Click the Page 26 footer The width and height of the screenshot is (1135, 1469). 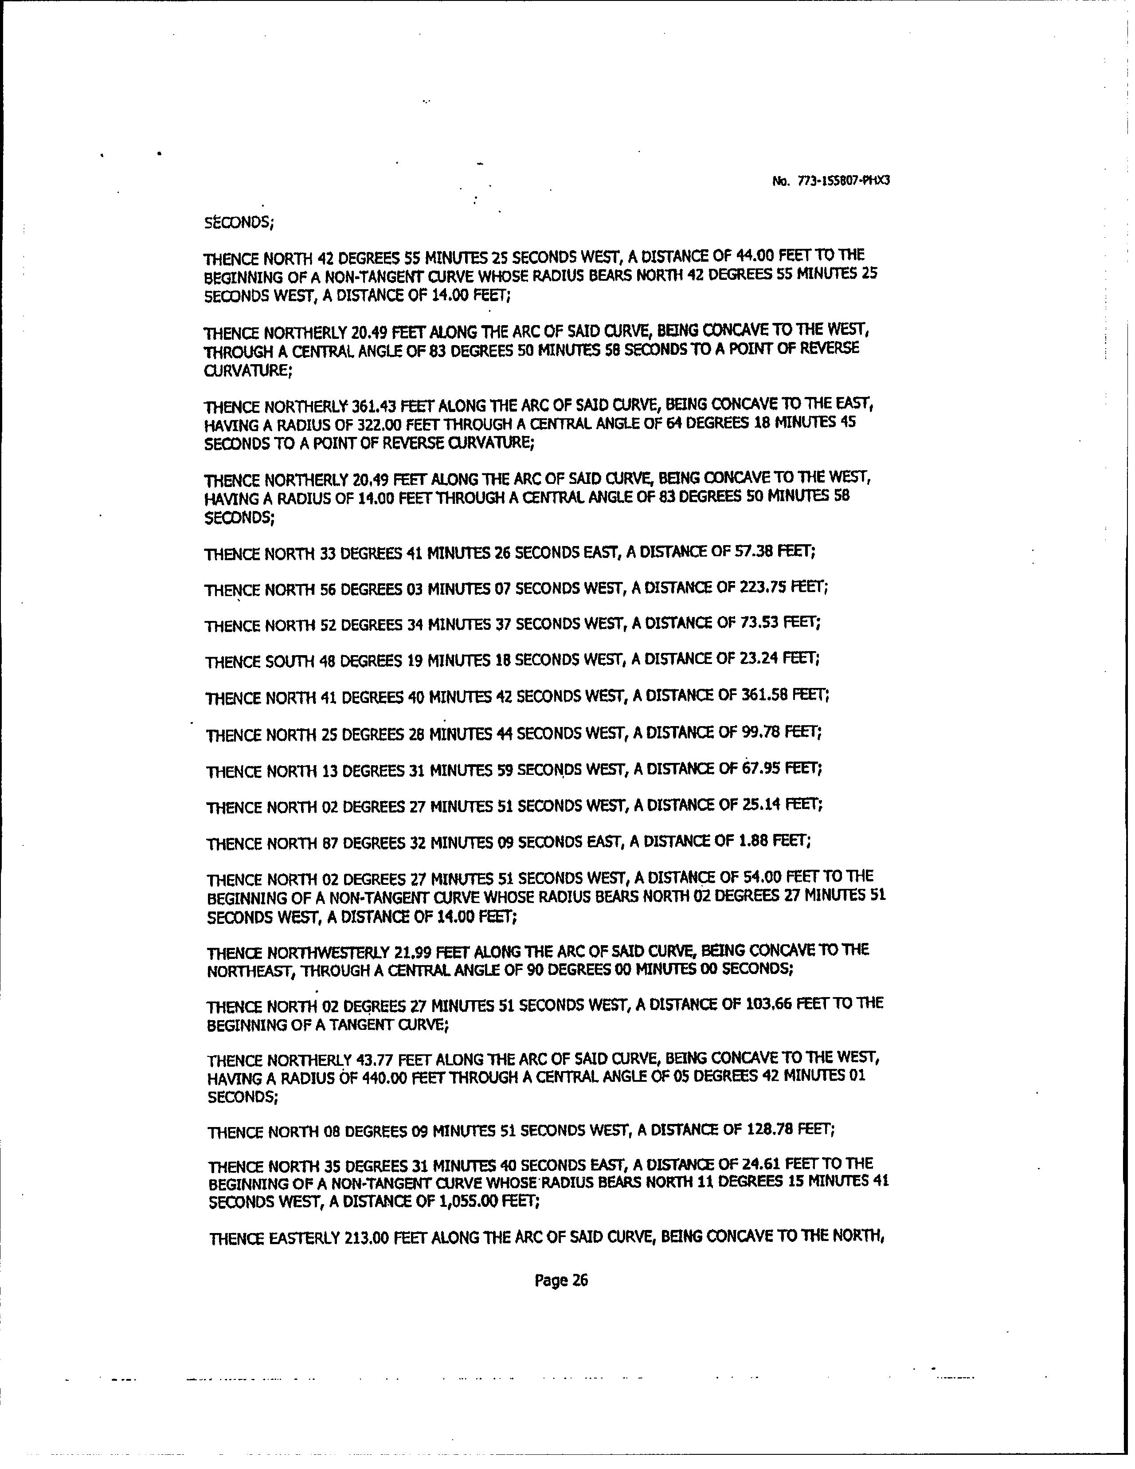(561, 1280)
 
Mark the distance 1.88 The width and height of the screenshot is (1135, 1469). (754, 840)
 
